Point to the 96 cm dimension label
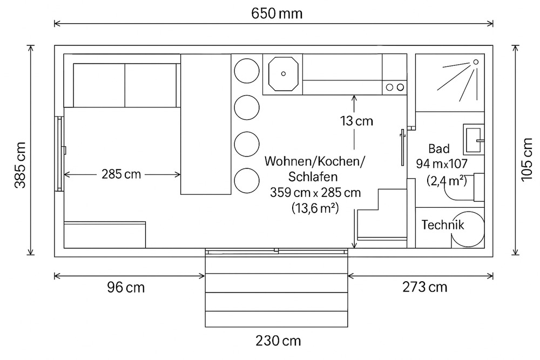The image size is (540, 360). (126, 287)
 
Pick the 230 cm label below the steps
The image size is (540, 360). (278, 341)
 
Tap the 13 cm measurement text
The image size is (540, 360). (356, 121)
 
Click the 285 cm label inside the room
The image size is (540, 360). (121, 174)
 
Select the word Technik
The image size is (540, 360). (443, 225)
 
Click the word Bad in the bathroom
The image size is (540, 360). (439, 148)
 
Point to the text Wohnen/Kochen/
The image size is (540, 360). (315, 161)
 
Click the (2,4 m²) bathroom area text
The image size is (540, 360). (446, 180)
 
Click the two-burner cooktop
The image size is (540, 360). (395, 87)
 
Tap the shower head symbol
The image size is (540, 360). (475, 62)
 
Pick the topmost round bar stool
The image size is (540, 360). (246, 70)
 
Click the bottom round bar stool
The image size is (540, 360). (246, 180)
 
